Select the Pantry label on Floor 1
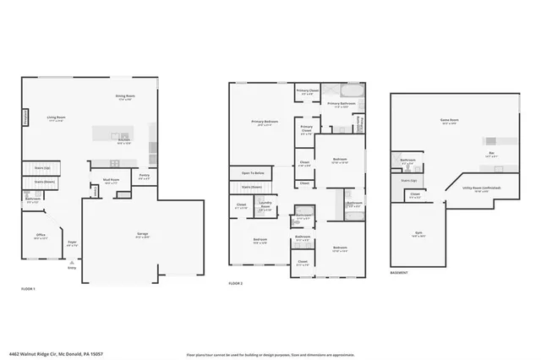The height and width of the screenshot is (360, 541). (145, 175)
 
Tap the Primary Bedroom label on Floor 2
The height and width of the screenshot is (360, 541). (265, 123)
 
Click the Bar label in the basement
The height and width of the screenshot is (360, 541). (492, 153)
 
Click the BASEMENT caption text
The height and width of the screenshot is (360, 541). (400, 273)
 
